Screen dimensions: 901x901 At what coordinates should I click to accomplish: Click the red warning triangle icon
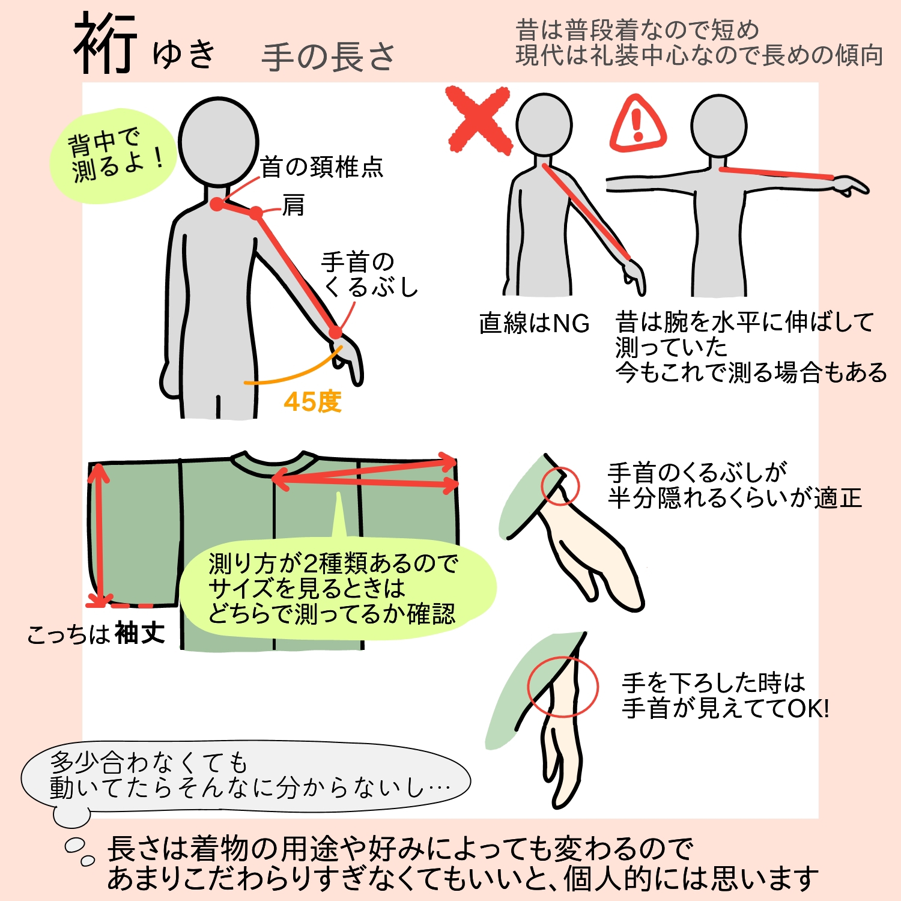click(x=638, y=124)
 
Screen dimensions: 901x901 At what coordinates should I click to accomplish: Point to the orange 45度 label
click(x=312, y=402)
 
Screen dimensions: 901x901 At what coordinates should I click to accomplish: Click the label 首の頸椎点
click(x=322, y=167)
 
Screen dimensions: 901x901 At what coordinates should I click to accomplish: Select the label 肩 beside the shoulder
click(x=294, y=205)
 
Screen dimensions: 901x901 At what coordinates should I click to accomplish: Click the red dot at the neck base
click(x=217, y=204)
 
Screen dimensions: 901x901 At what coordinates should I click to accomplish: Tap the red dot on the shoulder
click(x=256, y=213)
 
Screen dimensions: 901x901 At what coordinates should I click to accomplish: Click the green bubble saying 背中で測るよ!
click(x=112, y=156)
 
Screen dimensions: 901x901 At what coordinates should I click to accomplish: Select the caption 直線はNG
click(x=534, y=323)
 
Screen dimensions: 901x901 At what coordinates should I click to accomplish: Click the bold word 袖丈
click(x=140, y=633)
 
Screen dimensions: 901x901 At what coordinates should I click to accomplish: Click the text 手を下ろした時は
click(x=714, y=683)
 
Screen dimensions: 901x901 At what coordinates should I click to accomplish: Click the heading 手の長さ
click(x=329, y=57)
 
